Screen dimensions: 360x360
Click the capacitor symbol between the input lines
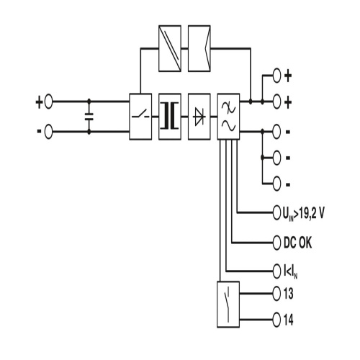[x=89, y=117]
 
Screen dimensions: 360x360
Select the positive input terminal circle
[x=48, y=102]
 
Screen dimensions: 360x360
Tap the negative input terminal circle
[x=48, y=132]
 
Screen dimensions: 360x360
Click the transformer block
[x=170, y=117]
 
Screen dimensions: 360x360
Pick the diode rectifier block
[x=199, y=117]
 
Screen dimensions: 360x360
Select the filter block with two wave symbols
[x=228, y=117]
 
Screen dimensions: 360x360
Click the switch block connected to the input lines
[x=140, y=117]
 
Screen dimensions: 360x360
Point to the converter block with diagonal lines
[x=170, y=48]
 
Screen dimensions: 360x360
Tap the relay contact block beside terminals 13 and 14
[x=228, y=305]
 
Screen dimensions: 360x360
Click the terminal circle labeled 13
[x=276, y=293]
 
